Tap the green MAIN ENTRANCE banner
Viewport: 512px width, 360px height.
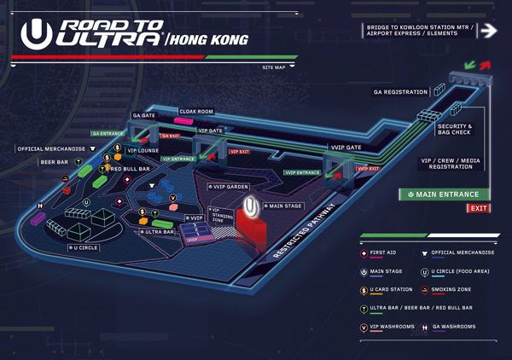[445, 195]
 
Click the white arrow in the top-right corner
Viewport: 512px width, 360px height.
[488, 31]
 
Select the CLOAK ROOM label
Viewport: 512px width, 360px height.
[195, 111]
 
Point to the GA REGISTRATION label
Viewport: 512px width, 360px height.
[400, 91]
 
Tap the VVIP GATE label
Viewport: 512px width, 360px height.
[346, 147]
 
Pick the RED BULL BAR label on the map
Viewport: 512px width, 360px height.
[130, 169]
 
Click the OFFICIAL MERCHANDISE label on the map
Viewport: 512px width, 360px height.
[52, 149]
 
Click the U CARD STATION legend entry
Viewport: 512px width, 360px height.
[391, 289]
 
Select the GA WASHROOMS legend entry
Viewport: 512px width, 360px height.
[454, 326]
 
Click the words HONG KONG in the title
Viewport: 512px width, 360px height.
[210, 39]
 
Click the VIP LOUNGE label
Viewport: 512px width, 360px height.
[143, 150]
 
